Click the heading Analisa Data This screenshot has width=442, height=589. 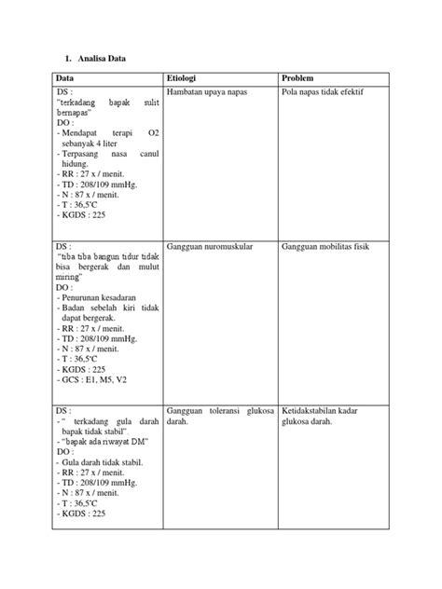coord(96,59)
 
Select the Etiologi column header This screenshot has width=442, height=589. coord(182,79)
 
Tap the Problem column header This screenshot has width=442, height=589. coord(298,79)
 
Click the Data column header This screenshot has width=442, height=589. coord(65,79)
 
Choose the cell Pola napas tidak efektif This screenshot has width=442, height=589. coord(322,94)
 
